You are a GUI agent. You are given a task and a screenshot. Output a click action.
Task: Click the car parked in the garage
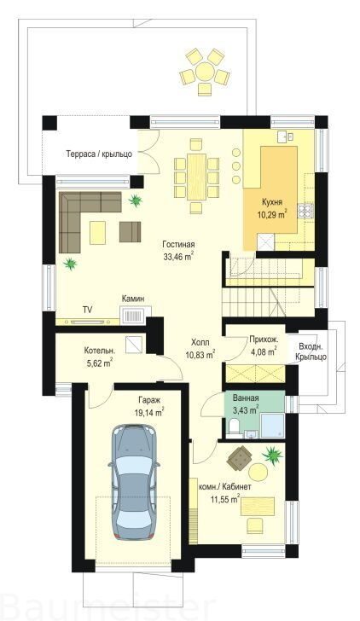[x=134, y=482]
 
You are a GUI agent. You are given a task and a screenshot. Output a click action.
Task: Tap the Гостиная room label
[x=178, y=244]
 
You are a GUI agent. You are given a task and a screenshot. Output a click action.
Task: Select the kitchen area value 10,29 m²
[x=271, y=215]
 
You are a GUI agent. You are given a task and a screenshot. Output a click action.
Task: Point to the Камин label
[x=133, y=299]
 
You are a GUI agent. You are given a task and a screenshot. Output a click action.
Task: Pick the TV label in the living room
[x=87, y=310]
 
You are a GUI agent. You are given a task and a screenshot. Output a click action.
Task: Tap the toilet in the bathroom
[x=233, y=427]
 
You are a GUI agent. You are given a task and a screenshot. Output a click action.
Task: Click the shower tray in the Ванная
[x=272, y=426]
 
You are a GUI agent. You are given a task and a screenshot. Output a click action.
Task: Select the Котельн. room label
[x=100, y=351]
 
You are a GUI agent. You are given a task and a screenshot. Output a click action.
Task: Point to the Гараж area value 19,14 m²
[x=149, y=413]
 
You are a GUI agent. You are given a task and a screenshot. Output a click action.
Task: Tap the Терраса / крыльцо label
[x=99, y=154]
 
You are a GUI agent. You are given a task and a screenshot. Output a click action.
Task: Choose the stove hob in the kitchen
[x=305, y=211]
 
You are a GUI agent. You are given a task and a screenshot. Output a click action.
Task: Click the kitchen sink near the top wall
[x=285, y=136]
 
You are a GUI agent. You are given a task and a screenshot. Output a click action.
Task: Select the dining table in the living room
[x=196, y=177]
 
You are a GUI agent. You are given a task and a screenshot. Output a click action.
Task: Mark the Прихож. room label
[x=264, y=339]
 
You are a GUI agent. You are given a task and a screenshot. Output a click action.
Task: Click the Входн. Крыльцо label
[x=311, y=352]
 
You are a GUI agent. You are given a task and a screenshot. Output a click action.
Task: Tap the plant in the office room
[x=273, y=455]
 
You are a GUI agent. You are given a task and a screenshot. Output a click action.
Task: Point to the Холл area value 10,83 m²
[x=200, y=355]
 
